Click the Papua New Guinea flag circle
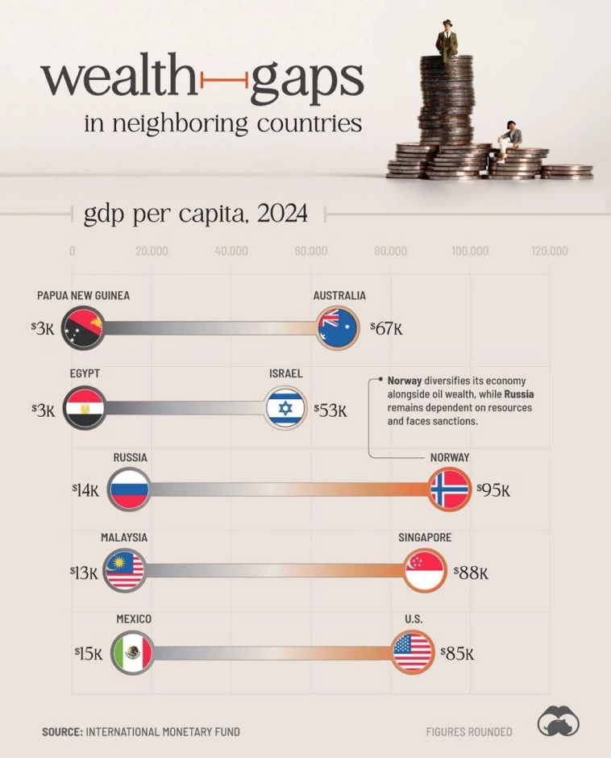click(x=82, y=327)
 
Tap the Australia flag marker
click(x=339, y=327)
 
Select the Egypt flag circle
click(x=82, y=408)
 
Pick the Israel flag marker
click(x=285, y=409)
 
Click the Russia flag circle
click(x=129, y=489)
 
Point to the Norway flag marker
click(x=449, y=489)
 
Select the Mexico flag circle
click(x=132, y=652)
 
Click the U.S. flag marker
click(x=413, y=652)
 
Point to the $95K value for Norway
click(x=493, y=489)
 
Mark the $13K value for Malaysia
click(x=84, y=573)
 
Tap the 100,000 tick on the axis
click(x=470, y=251)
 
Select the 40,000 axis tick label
click(x=231, y=251)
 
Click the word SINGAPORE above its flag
click(x=425, y=538)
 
